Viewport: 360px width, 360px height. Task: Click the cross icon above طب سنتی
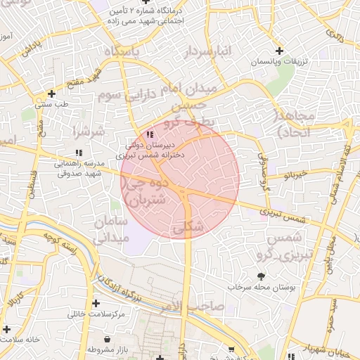tap(51, 94)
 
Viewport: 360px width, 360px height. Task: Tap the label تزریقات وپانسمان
tap(282, 63)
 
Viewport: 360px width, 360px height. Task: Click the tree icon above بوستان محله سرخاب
tap(262, 276)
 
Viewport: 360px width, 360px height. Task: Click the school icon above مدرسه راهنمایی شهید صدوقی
tap(78, 152)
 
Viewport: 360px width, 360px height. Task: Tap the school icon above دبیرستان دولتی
tap(149, 134)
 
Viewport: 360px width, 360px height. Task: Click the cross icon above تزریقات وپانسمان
tap(280, 51)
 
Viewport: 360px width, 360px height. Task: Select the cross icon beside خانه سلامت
tap(7, 329)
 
